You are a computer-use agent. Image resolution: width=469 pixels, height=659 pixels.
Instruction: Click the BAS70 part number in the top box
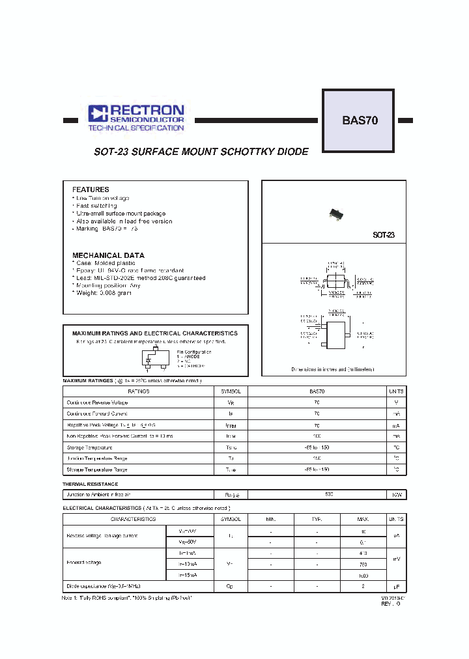tap(360, 120)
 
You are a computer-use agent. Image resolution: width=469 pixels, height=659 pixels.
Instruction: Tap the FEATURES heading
tap(91, 189)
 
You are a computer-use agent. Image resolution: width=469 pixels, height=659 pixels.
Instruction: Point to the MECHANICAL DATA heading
tap(108, 255)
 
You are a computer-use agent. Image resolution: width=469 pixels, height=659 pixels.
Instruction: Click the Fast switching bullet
tap(96, 206)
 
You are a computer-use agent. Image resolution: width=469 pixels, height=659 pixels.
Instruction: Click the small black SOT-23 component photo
tap(335, 213)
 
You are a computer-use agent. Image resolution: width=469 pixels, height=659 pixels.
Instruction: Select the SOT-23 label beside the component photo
tap(383, 235)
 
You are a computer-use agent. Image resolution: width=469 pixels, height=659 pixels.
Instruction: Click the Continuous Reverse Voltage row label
tap(97, 402)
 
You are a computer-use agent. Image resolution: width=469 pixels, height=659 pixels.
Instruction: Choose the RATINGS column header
tap(138, 391)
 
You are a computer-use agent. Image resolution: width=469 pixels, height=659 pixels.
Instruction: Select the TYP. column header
tap(317, 519)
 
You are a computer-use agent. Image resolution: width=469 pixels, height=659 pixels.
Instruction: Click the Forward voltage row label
tap(85, 562)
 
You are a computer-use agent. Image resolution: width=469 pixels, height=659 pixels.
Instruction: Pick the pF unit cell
tap(396, 586)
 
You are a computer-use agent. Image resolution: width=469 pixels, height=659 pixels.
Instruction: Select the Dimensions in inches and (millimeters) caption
tap(333, 369)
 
